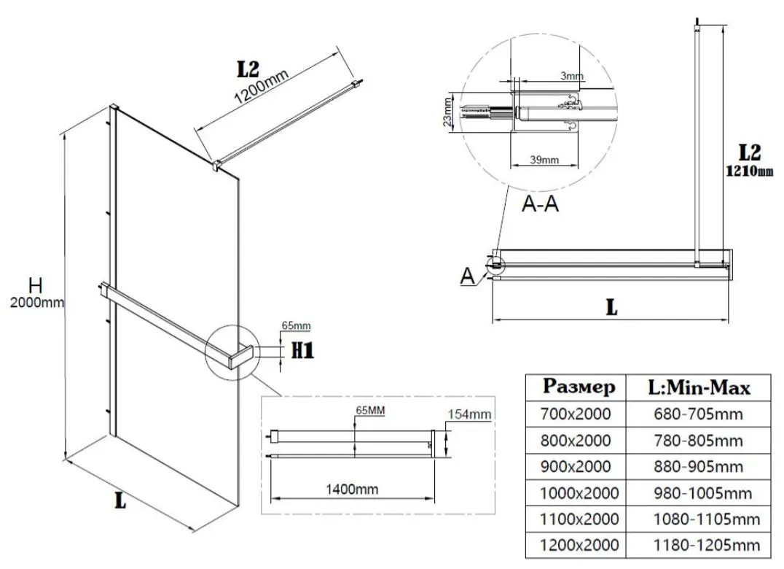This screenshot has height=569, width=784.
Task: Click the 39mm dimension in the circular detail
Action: pyautogui.click(x=544, y=160)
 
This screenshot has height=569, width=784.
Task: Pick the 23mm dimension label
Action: pyautogui.click(x=447, y=112)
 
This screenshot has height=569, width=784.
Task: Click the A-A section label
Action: pyautogui.click(x=541, y=204)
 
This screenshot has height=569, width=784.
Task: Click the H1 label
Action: pyautogui.click(x=302, y=352)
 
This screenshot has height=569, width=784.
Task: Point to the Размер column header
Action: pyautogui.click(x=579, y=387)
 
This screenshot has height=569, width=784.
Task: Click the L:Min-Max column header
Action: pyautogui.click(x=699, y=387)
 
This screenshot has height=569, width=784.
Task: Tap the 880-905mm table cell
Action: pyautogui.click(x=699, y=466)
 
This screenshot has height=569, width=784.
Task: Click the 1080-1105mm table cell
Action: pyautogui.click(x=699, y=519)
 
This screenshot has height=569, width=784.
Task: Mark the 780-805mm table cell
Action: pyautogui.click(x=699, y=441)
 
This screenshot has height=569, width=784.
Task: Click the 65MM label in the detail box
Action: pyautogui.click(x=369, y=411)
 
